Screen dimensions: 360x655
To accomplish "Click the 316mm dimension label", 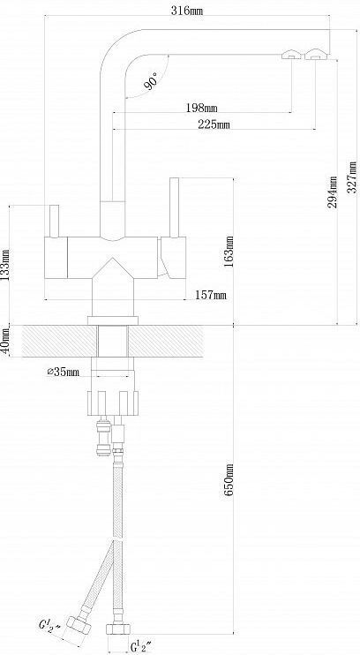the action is (x=187, y=11).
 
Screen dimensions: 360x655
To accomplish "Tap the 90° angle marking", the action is (x=151, y=81).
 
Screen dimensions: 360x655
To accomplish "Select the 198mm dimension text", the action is (x=202, y=109).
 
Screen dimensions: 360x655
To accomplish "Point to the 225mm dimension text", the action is (x=214, y=124).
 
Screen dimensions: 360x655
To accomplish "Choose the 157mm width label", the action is (x=211, y=296).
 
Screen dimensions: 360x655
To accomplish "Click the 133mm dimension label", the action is (x=5, y=266).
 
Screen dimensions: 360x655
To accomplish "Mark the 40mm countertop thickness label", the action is (x=4, y=341).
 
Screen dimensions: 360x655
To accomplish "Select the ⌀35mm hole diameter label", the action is (x=63, y=372).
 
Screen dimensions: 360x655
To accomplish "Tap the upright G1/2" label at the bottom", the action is (x=141, y=645).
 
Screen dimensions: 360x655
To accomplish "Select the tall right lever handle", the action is (x=174, y=207).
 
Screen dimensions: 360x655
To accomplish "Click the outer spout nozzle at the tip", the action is (x=317, y=55).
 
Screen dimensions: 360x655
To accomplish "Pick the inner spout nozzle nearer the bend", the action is (x=291, y=55).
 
